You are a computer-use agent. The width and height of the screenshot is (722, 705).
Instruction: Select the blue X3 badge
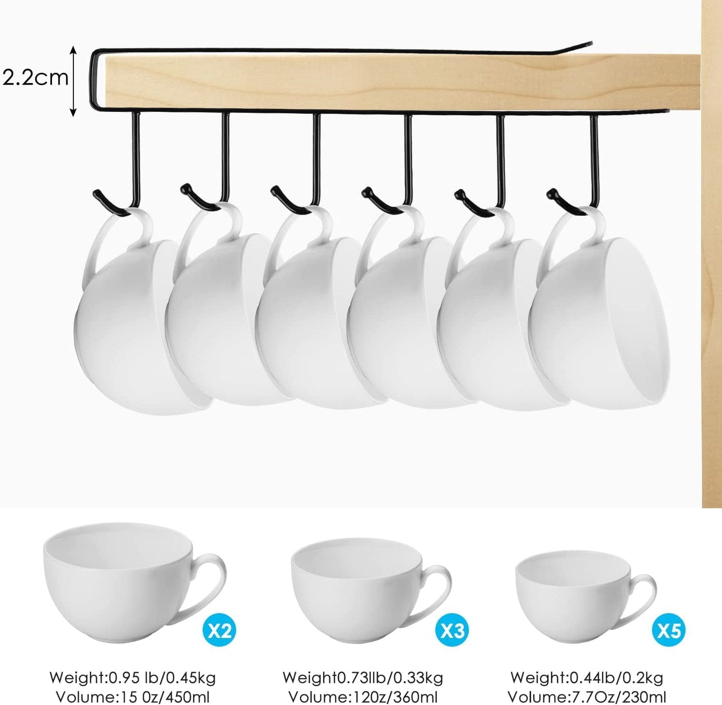click(x=452, y=631)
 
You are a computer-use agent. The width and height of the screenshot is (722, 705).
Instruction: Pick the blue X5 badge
click(x=669, y=631)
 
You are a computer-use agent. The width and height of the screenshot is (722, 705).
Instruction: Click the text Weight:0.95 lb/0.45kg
click(x=132, y=678)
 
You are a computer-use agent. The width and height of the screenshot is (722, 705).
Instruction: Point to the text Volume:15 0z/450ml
click(x=132, y=697)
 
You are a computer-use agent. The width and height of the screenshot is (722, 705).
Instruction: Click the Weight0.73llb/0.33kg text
click(x=363, y=678)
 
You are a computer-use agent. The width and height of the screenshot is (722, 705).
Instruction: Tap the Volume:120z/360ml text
click(x=363, y=697)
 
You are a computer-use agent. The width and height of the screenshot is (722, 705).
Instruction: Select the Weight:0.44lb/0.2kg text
click(x=587, y=678)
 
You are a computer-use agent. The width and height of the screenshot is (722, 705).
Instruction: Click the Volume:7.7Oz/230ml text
click(x=587, y=697)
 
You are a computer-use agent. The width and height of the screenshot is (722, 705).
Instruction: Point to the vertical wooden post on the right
click(x=712, y=250)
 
